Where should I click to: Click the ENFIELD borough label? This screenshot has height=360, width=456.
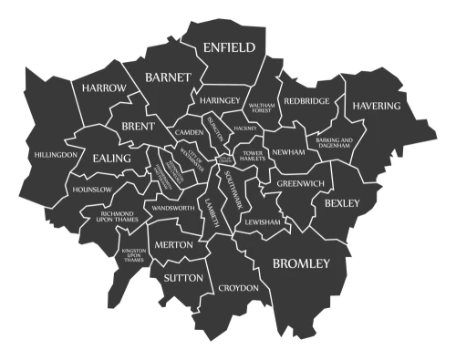pos(229,46)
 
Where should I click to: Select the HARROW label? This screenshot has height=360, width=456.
pos(103,88)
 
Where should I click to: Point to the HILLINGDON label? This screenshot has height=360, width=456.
pos(56,155)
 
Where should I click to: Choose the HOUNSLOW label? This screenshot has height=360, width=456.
pos(91,190)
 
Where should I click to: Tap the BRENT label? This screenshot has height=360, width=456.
pos(138,126)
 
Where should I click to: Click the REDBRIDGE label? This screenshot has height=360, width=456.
pos(306,101)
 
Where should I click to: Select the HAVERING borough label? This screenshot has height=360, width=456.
pos(377,106)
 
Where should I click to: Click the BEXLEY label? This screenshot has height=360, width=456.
pos(342,201)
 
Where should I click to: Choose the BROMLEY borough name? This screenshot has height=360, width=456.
pos(301,264)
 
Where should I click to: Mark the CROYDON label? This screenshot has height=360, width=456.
pos(239,288)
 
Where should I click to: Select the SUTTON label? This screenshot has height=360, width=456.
pos(182,276)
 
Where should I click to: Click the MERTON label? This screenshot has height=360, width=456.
pos(173,245)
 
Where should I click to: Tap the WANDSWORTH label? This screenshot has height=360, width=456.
pos(173,209)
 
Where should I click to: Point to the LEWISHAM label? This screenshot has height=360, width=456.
pos(263,221)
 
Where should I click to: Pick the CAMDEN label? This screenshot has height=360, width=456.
pos(190,133)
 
